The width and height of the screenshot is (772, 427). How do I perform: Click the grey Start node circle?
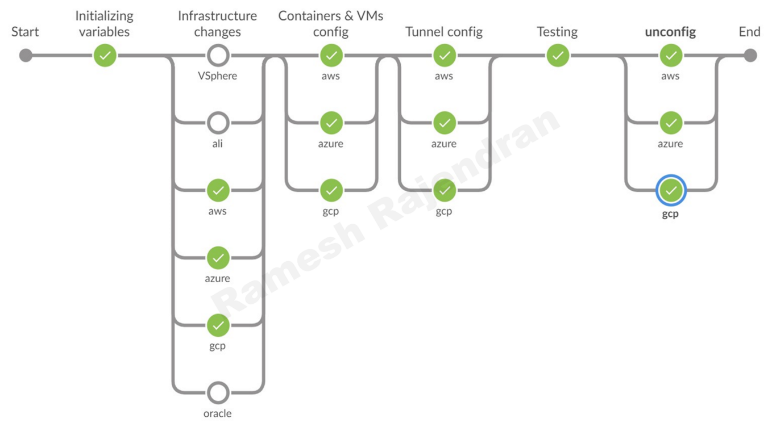coord(26,56)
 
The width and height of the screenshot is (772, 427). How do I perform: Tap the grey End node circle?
coord(750,56)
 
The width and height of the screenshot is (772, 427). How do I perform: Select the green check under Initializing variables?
coord(105,56)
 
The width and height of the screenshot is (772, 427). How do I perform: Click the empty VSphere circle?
coord(218,56)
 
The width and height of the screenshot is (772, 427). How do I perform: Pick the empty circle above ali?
coord(218,123)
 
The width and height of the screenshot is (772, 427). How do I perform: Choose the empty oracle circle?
coord(218,392)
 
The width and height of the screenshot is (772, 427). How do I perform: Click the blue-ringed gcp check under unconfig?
coord(671,191)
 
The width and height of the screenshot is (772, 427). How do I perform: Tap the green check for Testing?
coord(558,56)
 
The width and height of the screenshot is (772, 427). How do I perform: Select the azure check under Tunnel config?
coord(445,123)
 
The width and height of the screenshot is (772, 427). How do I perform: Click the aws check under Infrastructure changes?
coord(218,191)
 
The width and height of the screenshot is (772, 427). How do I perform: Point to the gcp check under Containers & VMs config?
coord(331,191)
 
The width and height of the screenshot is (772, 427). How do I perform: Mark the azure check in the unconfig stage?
coord(671,123)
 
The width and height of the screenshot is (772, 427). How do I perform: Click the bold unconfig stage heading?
coord(670,32)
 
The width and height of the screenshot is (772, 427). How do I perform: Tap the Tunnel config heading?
coord(444,32)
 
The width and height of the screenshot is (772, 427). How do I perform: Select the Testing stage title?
coord(557,32)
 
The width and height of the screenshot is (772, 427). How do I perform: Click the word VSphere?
coord(218,76)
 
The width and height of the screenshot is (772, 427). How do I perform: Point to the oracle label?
coord(218,413)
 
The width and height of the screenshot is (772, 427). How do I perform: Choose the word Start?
coord(25,32)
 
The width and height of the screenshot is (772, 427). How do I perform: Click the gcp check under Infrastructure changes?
coord(218,325)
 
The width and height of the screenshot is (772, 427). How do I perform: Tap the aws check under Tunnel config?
coord(445,56)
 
